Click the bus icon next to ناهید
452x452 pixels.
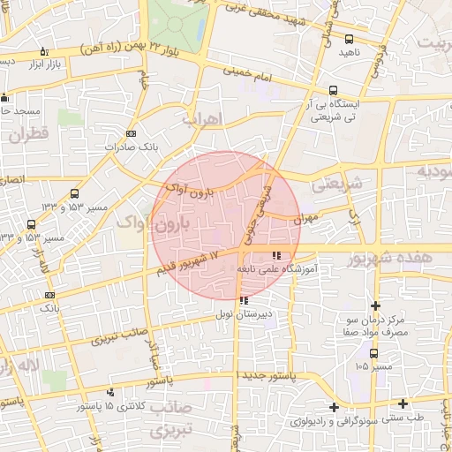tap(349, 39)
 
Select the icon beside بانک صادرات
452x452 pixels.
tap(132, 133)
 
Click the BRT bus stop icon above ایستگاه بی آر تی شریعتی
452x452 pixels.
tap(333, 89)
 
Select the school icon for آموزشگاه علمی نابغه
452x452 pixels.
tap(264, 256)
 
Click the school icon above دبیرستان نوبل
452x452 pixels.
tap(244, 300)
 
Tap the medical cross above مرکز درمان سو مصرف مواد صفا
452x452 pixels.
tap(376, 305)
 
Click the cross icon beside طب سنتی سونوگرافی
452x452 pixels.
tap(334, 407)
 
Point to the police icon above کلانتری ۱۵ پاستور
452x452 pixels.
tap(110, 392)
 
